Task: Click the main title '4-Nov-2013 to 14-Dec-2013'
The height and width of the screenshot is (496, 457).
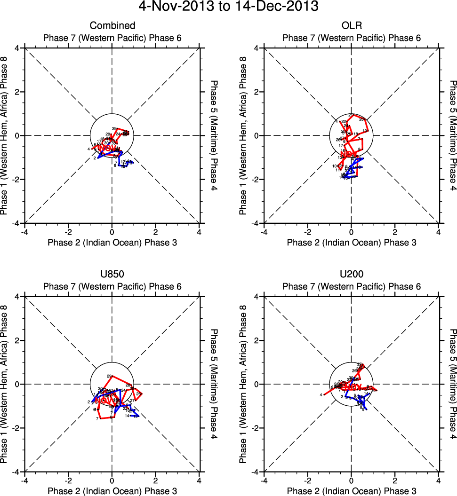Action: click(228, 7)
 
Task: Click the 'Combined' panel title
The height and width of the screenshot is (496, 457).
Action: click(112, 25)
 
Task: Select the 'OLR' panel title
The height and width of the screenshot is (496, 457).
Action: click(352, 25)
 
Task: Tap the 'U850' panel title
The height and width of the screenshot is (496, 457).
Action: click(112, 274)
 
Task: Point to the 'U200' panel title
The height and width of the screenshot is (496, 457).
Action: click(352, 274)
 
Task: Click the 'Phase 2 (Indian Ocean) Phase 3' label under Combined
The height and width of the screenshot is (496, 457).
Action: click(112, 242)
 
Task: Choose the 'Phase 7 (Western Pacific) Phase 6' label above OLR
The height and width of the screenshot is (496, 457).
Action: click(352, 38)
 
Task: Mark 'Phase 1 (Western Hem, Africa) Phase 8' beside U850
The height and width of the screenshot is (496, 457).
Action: click(6, 384)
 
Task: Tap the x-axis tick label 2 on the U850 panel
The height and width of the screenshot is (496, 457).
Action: click(156, 480)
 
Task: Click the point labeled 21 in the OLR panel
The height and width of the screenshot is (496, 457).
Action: click(351, 115)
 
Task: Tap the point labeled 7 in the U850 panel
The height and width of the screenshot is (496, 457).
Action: click(97, 418)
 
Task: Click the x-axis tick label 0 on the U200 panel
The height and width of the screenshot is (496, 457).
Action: click(352, 480)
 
